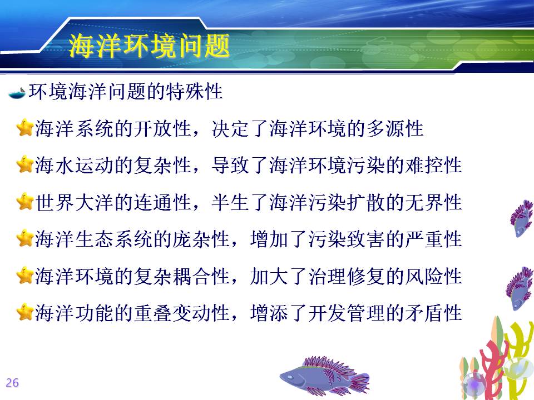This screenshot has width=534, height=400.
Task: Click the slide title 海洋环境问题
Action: [149, 46]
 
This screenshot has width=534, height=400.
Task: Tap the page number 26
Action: [12, 383]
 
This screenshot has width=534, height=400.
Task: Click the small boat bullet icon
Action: [17, 93]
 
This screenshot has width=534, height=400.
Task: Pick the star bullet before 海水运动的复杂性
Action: [25, 164]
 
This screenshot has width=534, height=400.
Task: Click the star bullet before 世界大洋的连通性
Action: [25, 201]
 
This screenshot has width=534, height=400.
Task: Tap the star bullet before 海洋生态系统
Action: [25, 238]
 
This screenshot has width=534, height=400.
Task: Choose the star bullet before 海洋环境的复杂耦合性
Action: [25, 275]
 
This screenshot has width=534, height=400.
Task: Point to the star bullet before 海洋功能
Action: [25, 312]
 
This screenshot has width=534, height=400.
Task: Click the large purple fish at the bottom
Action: [324, 376]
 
